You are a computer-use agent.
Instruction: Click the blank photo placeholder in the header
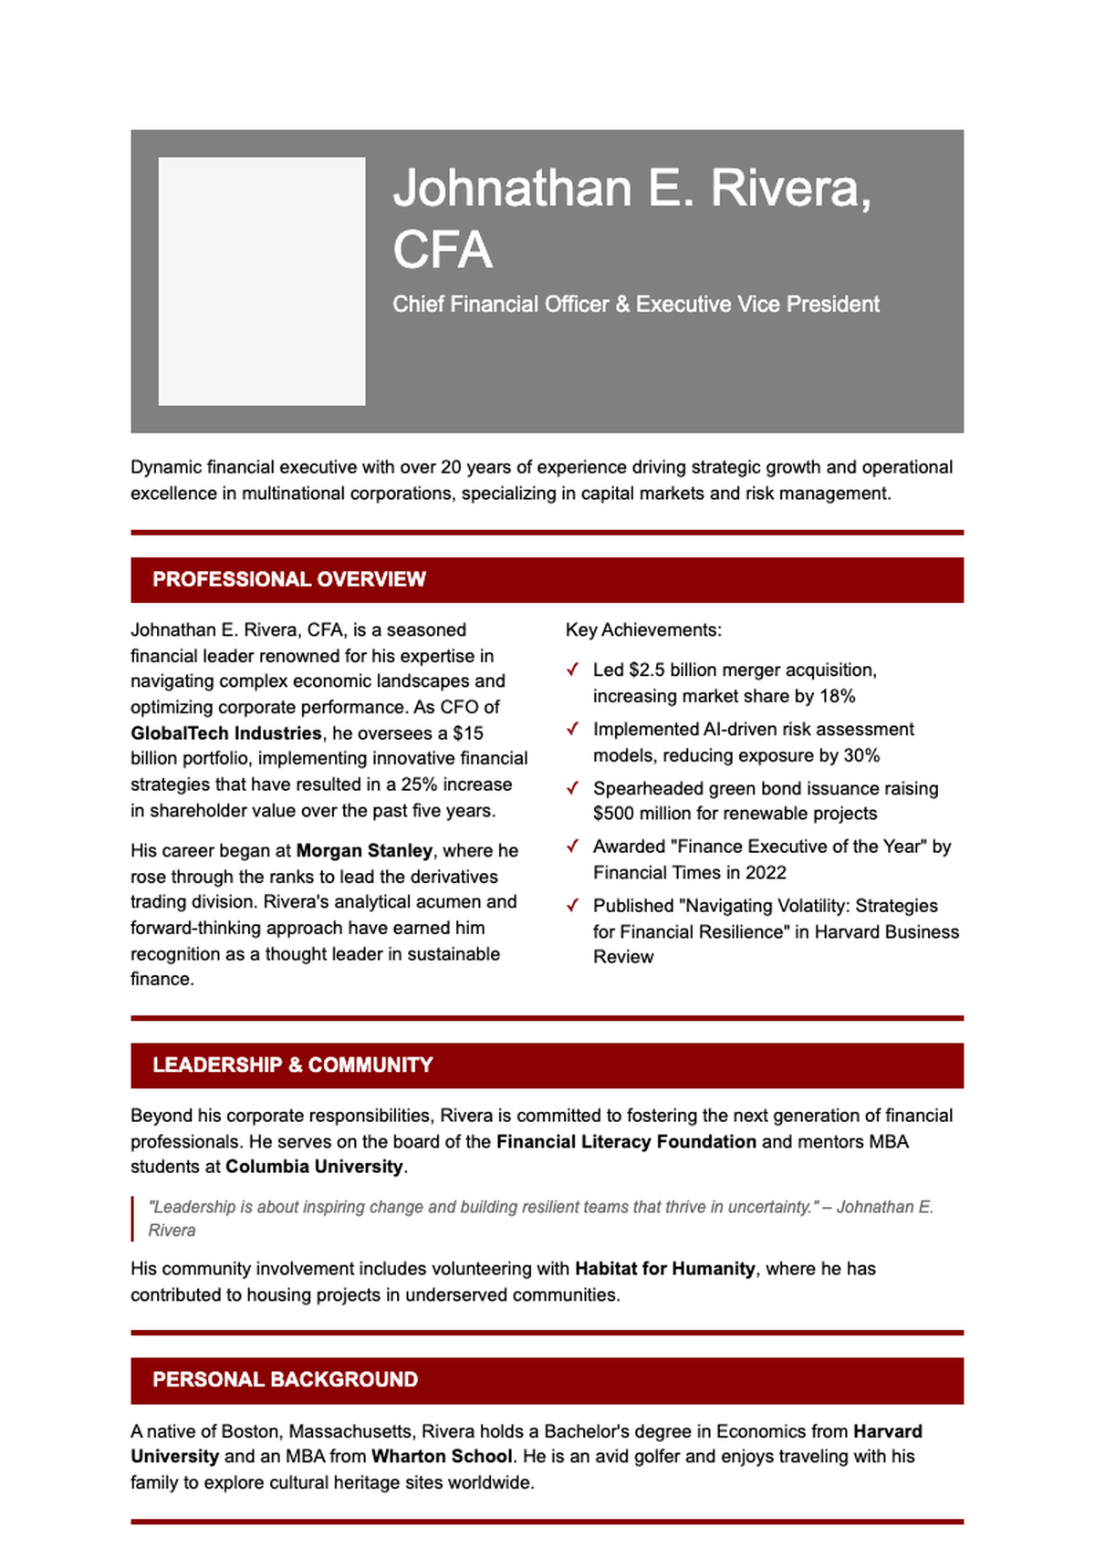tap(262, 281)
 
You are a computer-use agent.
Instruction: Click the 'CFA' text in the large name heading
tap(443, 250)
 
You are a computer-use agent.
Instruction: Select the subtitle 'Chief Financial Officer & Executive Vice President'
tap(635, 305)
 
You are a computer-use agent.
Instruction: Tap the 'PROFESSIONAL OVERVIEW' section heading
tap(288, 579)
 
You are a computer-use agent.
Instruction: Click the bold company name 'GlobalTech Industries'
tap(225, 733)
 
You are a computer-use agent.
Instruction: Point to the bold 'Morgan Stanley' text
tap(364, 850)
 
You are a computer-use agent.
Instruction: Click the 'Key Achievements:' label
tap(643, 630)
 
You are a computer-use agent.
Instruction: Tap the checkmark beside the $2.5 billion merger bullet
tap(573, 670)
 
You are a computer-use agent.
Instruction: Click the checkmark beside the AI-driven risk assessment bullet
tap(573, 729)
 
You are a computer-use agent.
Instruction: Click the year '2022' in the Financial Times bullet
tap(766, 873)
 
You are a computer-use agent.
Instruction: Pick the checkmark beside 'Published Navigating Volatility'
tap(573, 906)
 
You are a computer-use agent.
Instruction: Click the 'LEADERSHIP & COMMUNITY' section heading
tap(292, 1065)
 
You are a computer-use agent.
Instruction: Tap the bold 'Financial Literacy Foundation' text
tap(626, 1142)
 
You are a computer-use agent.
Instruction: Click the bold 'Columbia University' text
tap(314, 1167)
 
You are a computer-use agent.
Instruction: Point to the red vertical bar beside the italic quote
tap(133, 1219)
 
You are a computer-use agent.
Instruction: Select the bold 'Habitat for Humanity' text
tap(664, 1269)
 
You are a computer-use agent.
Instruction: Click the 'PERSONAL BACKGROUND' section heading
tap(285, 1380)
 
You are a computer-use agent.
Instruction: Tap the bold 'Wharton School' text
tap(442, 1457)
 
